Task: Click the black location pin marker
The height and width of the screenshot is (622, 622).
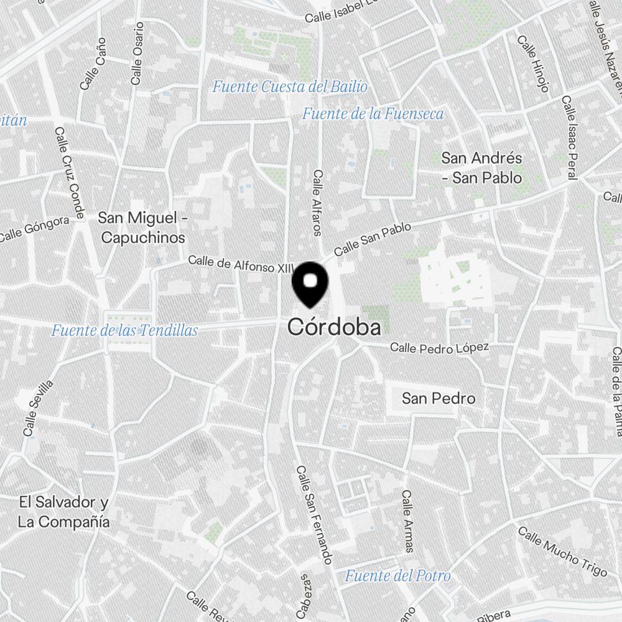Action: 310,284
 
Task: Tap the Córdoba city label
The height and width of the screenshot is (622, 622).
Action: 334,328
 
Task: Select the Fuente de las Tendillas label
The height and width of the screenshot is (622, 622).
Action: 124,330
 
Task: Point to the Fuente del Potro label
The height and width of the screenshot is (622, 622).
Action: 398,575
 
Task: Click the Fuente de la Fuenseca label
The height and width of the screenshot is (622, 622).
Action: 373,114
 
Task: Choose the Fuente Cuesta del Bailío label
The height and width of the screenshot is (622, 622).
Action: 290,86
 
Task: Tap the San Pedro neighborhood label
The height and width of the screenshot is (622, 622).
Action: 439,398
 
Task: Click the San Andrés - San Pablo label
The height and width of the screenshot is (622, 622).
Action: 481,168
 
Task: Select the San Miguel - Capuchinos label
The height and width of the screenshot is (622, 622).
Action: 142,228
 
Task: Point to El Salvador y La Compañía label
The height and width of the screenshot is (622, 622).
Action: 64,512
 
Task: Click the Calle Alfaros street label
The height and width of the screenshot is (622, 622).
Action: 318,203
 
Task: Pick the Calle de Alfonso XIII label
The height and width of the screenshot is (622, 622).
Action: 240,264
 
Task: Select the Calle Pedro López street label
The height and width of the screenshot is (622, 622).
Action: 439,347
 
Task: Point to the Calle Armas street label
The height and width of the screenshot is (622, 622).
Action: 407,521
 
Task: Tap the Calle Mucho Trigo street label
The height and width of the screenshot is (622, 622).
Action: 562,552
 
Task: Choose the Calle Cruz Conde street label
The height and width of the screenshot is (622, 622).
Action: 69,174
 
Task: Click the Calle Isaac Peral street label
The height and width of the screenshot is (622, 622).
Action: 570,137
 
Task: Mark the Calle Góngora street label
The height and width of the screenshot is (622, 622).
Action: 34,229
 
